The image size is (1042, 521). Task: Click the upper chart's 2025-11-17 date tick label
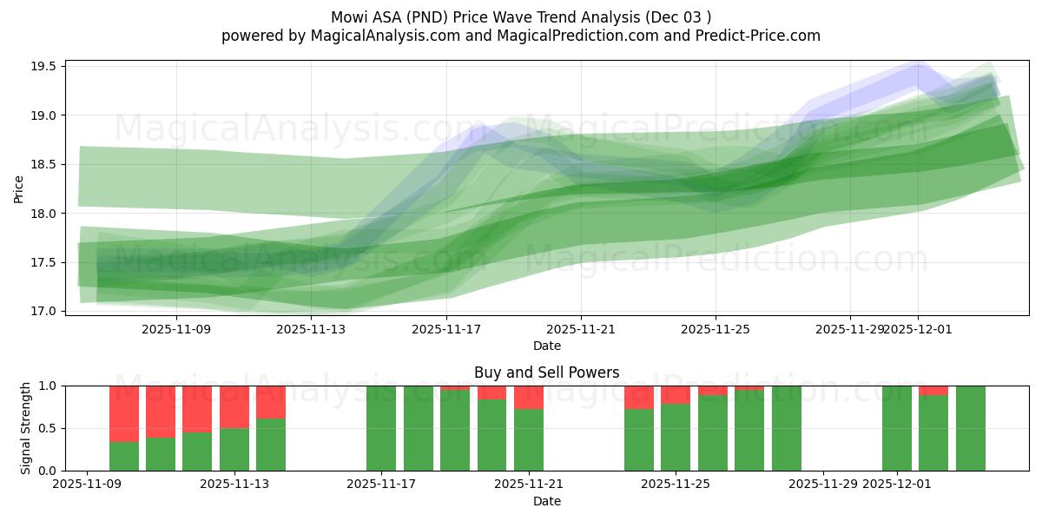(445, 330)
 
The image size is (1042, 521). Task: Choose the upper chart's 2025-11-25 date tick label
(716, 330)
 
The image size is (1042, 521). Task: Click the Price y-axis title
(19, 188)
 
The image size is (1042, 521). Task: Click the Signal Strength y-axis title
(26, 428)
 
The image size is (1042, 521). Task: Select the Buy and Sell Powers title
(546, 373)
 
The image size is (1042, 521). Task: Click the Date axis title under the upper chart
(546, 346)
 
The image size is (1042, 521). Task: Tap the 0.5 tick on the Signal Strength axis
(48, 428)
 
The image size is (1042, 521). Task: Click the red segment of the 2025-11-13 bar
(271, 402)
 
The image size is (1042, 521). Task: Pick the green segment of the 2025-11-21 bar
(529, 440)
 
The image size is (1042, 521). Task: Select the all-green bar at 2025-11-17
(381, 428)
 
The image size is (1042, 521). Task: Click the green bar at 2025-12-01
(897, 428)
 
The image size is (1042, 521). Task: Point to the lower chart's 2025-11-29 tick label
(823, 485)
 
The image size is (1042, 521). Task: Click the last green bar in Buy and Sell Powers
(971, 428)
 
